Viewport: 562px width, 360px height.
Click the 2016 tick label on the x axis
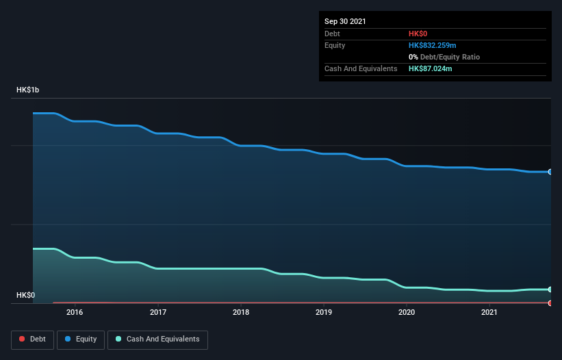coord(75,312)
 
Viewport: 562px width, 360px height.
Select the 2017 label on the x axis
coord(157,312)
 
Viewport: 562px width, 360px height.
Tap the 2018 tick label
coord(241,312)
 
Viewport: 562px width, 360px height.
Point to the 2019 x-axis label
coord(324,312)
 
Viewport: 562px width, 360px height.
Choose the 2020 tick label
coord(407,312)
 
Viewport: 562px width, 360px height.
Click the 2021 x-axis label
coord(489,312)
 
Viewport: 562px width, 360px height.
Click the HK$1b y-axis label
coord(28,90)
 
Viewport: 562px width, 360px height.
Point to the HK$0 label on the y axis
coord(25,295)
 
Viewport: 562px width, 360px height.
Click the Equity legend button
coord(81,339)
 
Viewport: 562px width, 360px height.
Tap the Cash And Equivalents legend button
coord(157,339)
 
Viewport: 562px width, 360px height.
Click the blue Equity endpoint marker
coord(550,172)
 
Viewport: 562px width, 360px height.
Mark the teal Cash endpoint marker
coord(550,290)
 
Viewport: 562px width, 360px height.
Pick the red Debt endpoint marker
coord(550,303)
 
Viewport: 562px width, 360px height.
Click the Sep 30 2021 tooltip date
coord(345,21)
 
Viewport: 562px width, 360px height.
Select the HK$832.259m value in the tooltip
coord(431,45)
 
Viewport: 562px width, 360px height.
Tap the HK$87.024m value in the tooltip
coord(430,69)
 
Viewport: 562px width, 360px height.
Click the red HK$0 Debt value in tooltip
coord(418,34)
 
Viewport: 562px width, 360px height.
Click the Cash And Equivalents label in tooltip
coord(361,69)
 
